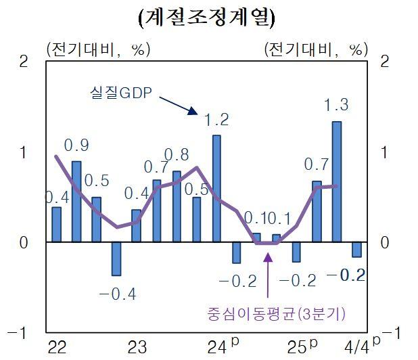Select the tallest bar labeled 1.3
336,181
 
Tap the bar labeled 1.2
216,188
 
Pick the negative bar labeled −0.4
116,258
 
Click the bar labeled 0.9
76,201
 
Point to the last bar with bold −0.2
356,249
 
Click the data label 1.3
336,105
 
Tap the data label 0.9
76,145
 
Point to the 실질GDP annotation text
122,93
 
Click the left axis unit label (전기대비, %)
97,49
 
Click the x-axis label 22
57,348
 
